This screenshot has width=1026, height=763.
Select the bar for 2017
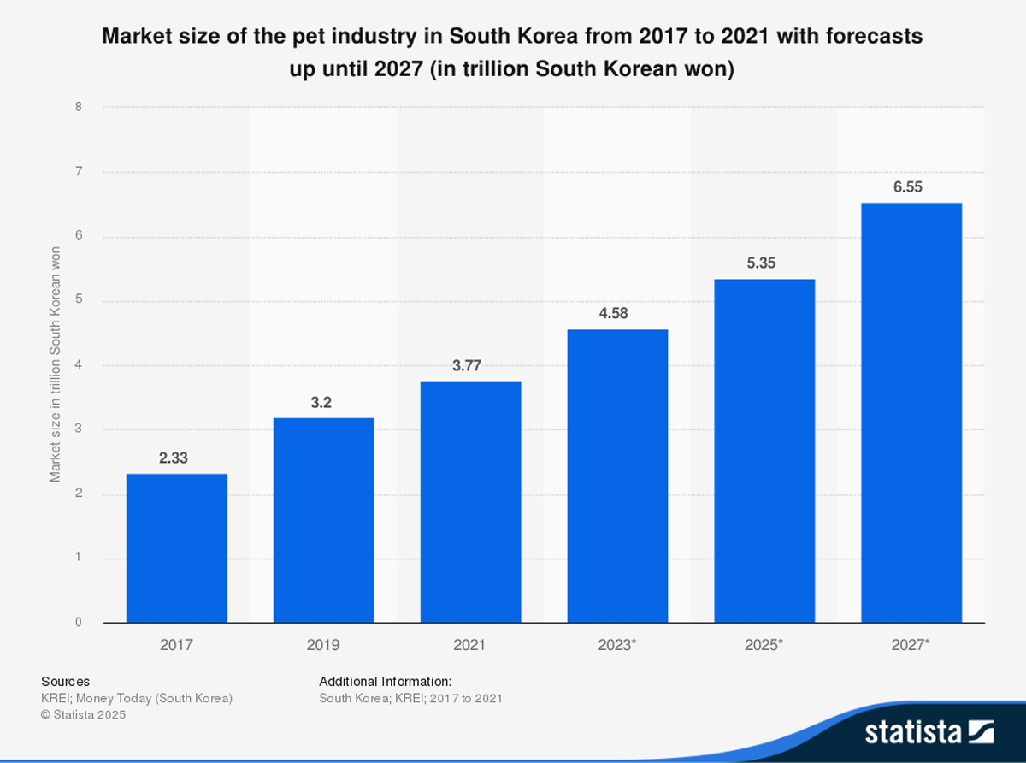click(177, 548)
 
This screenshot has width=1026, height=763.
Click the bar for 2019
click(324, 520)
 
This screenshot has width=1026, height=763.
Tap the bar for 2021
click(471, 502)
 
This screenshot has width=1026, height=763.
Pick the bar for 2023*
click(618, 476)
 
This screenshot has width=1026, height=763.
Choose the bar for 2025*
click(764, 451)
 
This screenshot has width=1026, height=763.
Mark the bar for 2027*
click(911, 412)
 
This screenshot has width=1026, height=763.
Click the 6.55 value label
click(908, 187)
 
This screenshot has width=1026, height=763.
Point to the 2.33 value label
click(174, 458)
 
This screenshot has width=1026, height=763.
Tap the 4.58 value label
click(614, 314)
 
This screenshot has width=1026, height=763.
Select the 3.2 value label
click(321, 403)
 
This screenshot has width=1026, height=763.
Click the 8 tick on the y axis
click(79, 108)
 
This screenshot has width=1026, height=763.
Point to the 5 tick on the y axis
click(79, 301)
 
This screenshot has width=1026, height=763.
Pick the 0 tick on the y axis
click(79, 623)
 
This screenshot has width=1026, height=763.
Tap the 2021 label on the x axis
click(470, 645)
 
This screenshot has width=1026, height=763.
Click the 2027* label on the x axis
click(911, 645)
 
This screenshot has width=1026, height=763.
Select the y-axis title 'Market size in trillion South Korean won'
click(56, 364)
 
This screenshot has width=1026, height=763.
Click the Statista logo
click(929, 732)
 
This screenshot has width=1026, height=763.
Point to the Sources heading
click(65, 682)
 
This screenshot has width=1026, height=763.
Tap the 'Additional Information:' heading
click(385, 682)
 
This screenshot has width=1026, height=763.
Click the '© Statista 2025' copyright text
click(83, 715)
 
